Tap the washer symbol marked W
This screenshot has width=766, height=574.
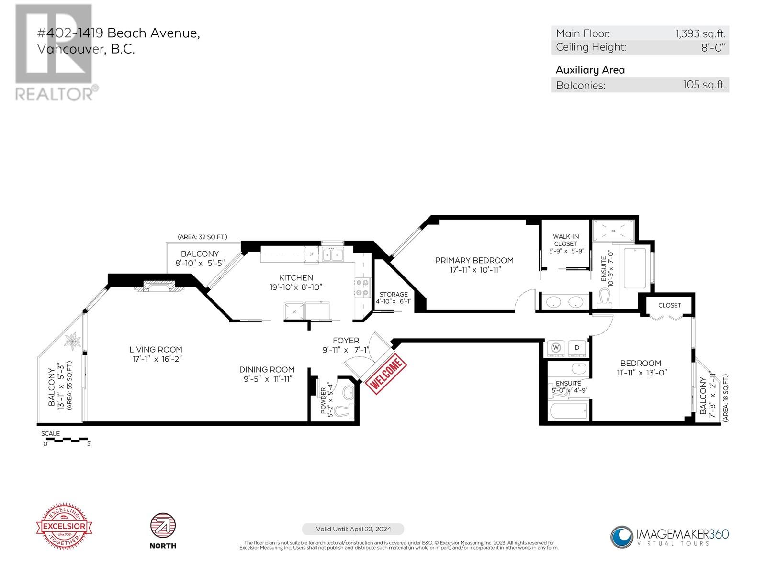pos(556,347)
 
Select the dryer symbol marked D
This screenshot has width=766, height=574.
pos(577,347)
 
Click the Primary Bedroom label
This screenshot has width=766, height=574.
pos(474,260)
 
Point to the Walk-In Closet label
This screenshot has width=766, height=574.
pos(565,240)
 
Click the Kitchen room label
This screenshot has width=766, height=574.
pos(296,277)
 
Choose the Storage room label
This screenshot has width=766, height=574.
pos(394,294)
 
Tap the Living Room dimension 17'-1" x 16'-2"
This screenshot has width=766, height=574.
pos(156,359)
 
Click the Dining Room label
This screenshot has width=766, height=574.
pos(267,369)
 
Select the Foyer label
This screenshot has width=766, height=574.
pos(346,341)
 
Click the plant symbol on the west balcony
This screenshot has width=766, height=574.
pos(73,341)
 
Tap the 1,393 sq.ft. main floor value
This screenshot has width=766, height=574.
pos(700,33)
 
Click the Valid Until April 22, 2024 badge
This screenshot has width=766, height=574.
pos(353,529)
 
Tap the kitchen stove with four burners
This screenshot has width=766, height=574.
pos(361,288)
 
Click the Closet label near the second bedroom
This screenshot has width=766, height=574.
pos(669,305)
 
